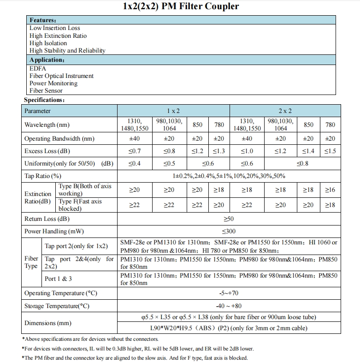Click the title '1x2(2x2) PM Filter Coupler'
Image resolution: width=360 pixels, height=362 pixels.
[x=181, y=6]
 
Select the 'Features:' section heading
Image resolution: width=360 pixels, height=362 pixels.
[x=43, y=20]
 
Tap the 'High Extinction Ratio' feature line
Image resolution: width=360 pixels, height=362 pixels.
[x=58, y=36]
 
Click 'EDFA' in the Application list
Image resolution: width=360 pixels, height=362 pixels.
[x=38, y=68]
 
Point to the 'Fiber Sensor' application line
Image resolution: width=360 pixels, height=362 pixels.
[x=46, y=91]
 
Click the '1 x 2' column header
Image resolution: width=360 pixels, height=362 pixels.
[x=173, y=111]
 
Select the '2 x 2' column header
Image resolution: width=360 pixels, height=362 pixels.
[x=285, y=111]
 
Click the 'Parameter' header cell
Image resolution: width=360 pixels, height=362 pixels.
[x=38, y=111]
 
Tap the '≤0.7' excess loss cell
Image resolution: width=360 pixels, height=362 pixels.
[x=134, y=151]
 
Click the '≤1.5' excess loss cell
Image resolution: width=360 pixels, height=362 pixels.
[x=330, y=151]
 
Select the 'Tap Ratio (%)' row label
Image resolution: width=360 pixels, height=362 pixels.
[x=43, y=176]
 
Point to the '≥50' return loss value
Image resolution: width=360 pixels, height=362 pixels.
[x=229, y=219]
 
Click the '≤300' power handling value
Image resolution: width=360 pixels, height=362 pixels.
[x=229, y=231]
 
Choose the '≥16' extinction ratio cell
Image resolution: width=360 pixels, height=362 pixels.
[x=330, y=190]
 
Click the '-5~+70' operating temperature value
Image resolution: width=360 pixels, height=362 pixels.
[x=229, y=293]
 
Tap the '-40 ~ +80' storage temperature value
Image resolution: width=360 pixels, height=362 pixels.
[x=229, y=306]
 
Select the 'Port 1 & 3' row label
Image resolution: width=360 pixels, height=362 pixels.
[x=58, y=279]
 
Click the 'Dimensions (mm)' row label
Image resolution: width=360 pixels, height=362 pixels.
[x=48, y=323]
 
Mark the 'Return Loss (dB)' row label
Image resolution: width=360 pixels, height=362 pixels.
[x=47, y=219]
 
